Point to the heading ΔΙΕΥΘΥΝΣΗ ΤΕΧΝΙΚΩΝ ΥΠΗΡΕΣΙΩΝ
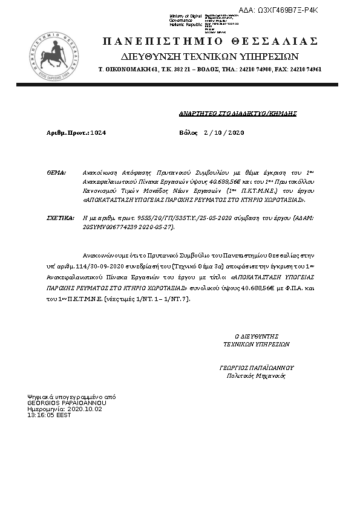[x=209, y=56]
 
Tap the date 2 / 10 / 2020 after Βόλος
[x=224, y=132]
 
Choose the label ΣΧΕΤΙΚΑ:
[x=60, y=216]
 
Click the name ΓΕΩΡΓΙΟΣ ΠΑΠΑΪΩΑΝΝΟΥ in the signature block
[x=256, y=367]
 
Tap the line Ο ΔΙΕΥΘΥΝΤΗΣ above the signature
[x=256, y=336]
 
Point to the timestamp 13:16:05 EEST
[x=49, y=415]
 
